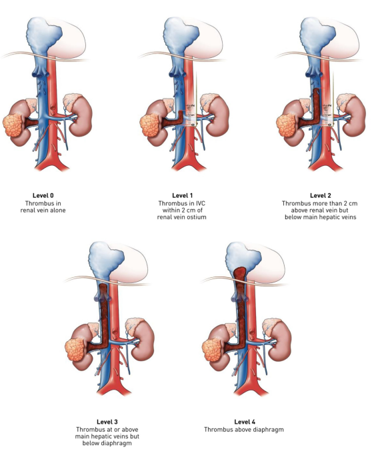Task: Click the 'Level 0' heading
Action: tap(43, 196)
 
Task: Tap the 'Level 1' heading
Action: tap(182, 196)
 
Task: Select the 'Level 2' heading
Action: tap(321, 196)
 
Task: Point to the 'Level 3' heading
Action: tap(107, 422)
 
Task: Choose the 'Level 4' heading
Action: tap(245, 422)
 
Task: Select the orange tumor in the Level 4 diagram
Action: tap(213, 347)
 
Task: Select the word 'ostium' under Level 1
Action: tap(197, 217)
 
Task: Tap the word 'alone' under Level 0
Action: tap(57, 211)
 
